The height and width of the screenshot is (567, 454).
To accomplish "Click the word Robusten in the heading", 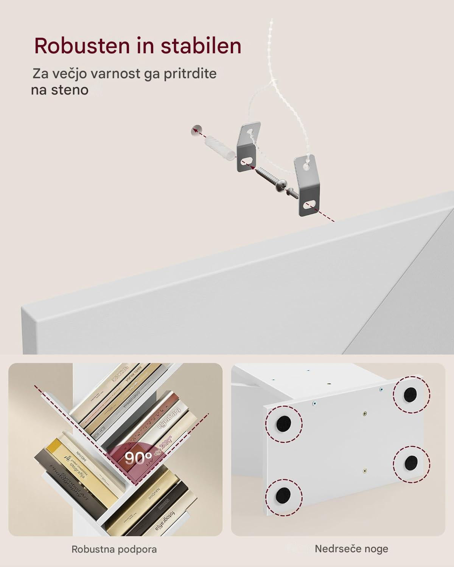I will click(x=81, y=46).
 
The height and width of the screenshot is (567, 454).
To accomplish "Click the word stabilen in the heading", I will click(x=201, y=46).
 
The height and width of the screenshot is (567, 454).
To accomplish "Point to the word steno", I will click(x=70, y=90).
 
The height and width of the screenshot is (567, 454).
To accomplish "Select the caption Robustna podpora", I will click(x=114, y=549).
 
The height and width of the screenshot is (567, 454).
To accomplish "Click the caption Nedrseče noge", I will click(x=351, y=548).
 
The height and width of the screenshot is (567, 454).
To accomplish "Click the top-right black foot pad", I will click(x=410, y=395).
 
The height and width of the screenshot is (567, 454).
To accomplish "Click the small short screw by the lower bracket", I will click(x=292, y=192).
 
